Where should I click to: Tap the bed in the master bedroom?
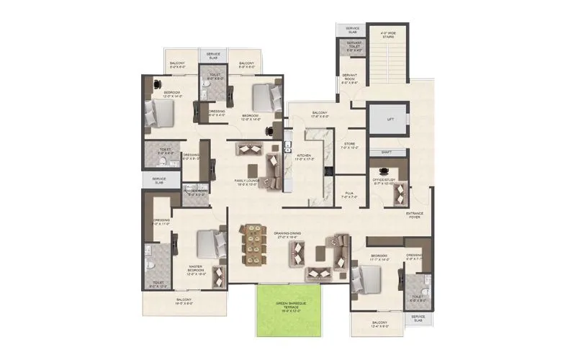tap(210, 246)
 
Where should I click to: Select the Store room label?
tap(349, 146)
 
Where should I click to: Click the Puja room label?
tap(348, 195)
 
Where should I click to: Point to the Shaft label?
tap(387, 153)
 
